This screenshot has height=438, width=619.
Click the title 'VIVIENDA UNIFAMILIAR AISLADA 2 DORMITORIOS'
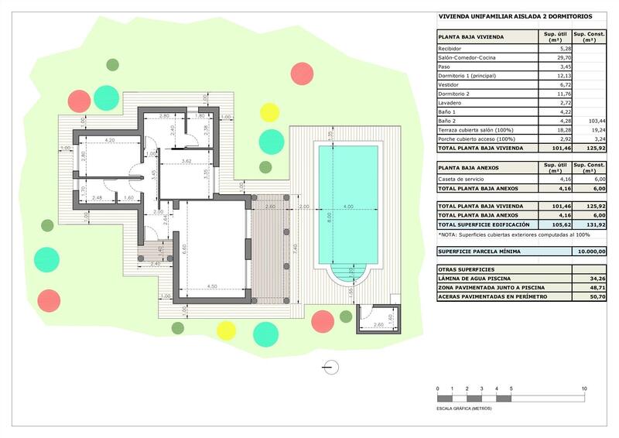pos(515,15)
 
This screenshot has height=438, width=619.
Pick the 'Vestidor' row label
pos(451,84)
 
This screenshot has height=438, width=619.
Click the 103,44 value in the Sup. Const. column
pos(596,121)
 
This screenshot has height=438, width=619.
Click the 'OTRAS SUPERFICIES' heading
pos(467,269)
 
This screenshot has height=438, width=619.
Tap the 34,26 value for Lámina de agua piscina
pos(596,278)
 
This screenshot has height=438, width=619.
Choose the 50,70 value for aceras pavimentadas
pos(596,296)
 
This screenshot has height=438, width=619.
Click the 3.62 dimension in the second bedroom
pos(186,161)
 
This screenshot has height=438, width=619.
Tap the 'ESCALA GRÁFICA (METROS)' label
pos(464,407)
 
